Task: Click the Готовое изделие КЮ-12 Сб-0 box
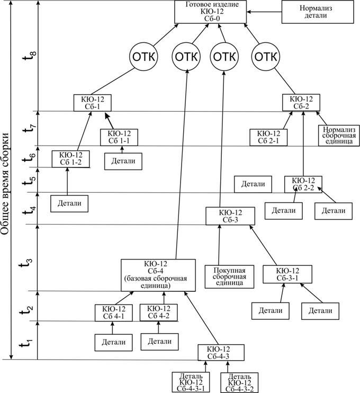click(x=212, y=12)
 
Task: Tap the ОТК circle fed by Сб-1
click(x=144, y=57)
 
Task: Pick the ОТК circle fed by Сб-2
click(x=267, y=57)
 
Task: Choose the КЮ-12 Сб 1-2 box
click(x=70, y=158)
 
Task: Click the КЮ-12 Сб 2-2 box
click(x=303, y=183)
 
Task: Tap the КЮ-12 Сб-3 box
click(x=230, y=216)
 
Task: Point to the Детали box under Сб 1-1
click(x=123, y=160)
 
